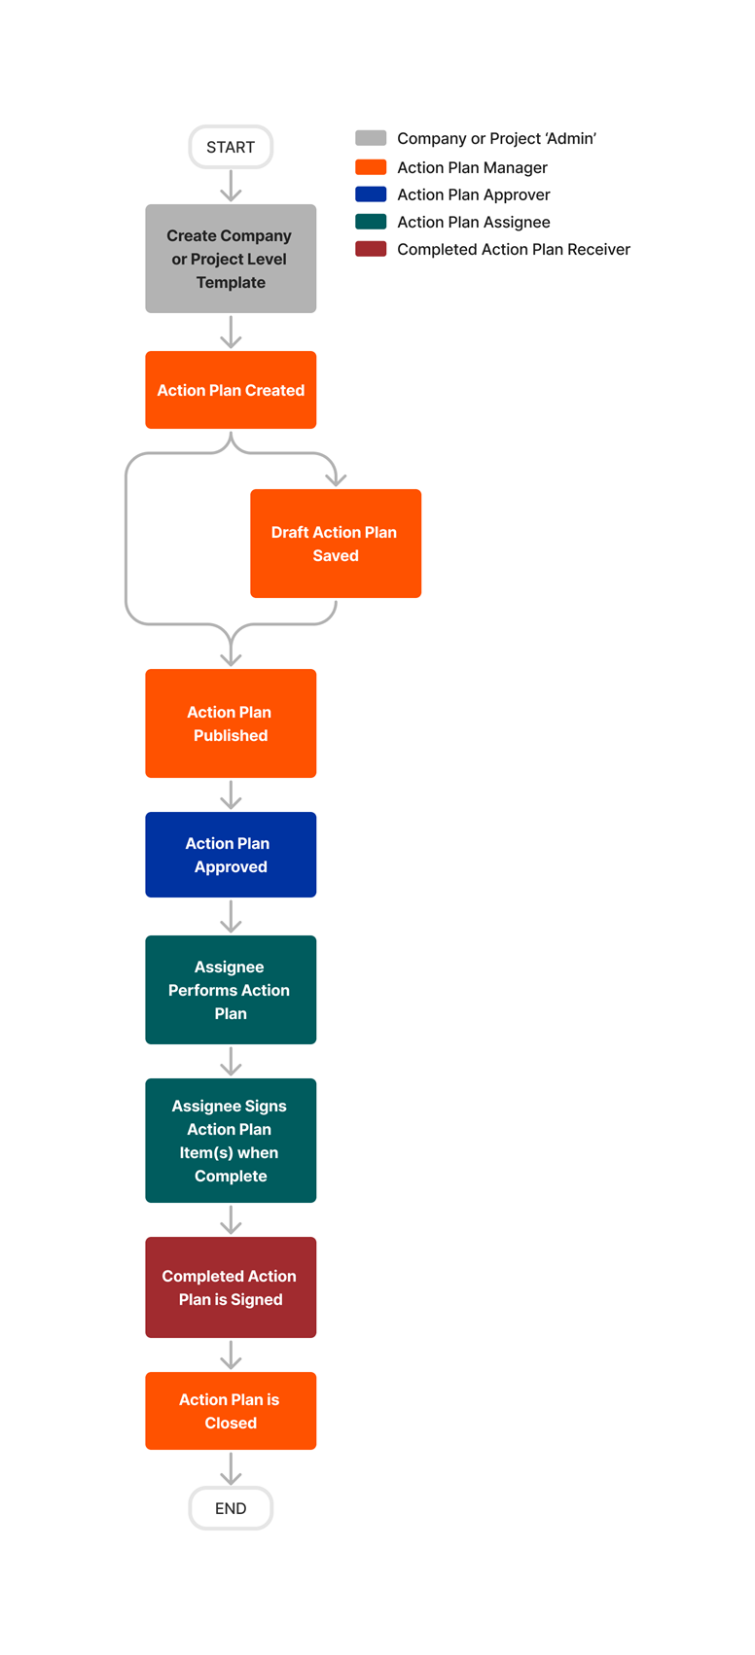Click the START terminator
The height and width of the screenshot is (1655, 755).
(231, 147)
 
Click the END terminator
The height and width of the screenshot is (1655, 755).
(231, 1508)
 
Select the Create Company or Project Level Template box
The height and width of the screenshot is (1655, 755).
(231, 259)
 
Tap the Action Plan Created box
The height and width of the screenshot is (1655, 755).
(231, 390)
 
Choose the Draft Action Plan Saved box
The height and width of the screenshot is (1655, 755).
(336, 544)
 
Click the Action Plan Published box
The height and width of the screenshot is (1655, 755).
(231, 723)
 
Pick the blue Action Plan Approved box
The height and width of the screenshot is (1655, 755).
(231, 855)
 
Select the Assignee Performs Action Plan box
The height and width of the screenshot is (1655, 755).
(231, 990)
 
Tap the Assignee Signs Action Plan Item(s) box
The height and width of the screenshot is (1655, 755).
(231, 1141)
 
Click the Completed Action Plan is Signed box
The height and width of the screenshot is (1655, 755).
(231, 1287)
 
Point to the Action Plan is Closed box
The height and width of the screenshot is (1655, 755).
(231, 1411)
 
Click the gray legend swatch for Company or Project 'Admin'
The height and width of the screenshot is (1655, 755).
(371, 138)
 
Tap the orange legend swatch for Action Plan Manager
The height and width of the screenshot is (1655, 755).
(371, 167)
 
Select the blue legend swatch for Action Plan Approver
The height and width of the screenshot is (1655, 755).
(371, 194)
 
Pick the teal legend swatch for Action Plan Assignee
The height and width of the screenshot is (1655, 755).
(371, 222)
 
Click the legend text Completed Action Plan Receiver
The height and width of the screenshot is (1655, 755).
(513, 250)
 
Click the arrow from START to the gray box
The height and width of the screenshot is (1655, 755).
(231, 186)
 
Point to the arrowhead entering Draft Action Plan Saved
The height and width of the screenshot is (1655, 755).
(336, 478)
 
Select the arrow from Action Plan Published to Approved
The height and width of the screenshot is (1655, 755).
(231, 794)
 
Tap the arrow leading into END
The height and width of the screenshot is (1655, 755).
(231, 1468)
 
